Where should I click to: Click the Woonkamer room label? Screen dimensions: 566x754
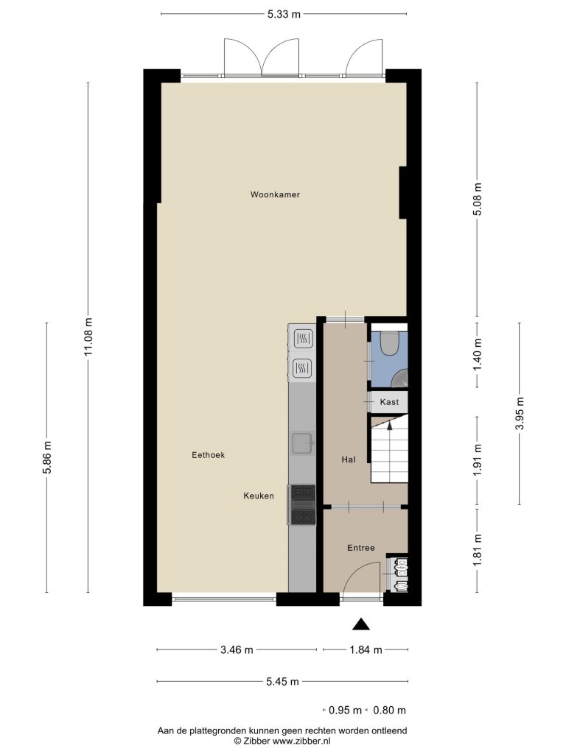pos(275,194)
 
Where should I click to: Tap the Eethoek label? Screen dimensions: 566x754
pos(208,455)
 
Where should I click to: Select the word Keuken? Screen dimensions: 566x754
pos(259,496)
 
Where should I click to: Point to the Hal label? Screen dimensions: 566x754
pos(349,459)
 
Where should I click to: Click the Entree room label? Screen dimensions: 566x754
pos(361,548)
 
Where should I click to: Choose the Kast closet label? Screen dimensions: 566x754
pos(389,402)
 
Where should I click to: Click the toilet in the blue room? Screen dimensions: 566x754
pos(389,342)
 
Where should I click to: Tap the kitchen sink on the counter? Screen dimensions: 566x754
pos(303,443)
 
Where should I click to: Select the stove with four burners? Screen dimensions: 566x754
pos(301,504)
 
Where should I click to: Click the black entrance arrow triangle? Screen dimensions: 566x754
pos(361,624)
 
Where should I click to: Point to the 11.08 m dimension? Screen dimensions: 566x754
pos(88,337)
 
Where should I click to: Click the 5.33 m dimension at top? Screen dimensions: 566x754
pos(284,14)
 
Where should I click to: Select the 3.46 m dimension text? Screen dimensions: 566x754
pos(237,650)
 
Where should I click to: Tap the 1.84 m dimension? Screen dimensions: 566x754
pos(366,650)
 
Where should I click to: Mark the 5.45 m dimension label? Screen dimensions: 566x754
pos(282,681)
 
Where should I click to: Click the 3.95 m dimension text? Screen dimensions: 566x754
pos(520,414)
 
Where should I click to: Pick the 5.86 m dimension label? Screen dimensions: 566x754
pos(46,457)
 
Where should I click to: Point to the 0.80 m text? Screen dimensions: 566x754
pos(389,711)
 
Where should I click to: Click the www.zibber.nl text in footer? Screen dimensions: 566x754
pos(301,741)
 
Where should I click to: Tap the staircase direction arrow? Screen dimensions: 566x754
pos(390,424)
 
